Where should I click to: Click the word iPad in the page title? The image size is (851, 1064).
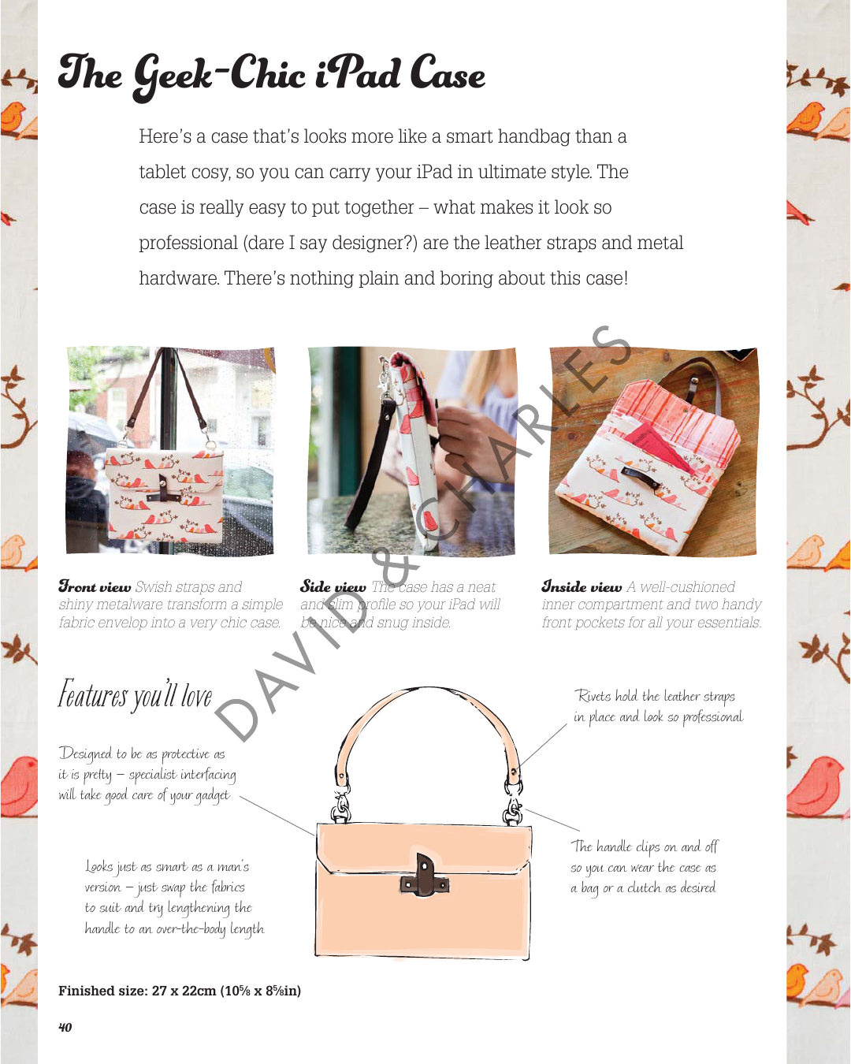[x=358, y=75]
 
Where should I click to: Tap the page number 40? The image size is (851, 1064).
[x=65, y=1027]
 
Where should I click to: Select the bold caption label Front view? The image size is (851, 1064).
[x=95, y=587]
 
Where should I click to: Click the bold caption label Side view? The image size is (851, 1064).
[x=333, y=587]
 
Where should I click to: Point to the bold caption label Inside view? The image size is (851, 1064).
[x=582, y=587]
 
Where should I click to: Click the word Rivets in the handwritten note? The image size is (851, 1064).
[x=593, y=696]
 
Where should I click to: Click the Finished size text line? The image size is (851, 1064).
[x=180, y=991]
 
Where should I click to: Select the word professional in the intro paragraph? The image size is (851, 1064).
[x=188, y=244]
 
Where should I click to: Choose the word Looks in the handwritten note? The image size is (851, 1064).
[x=101, y=867]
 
